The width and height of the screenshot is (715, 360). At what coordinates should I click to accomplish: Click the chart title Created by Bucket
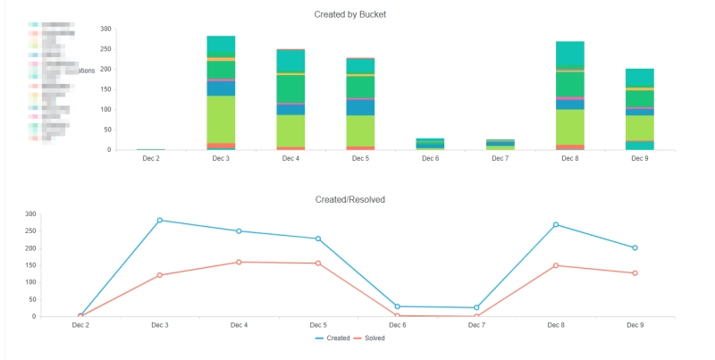pos(349,14)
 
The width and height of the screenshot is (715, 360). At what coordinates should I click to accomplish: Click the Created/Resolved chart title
pos(349,199)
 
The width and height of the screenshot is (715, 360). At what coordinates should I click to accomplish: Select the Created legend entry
pos(332,339)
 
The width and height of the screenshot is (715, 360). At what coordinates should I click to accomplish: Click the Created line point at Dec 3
pos(160,220)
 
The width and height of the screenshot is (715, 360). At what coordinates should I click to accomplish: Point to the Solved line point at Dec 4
pos(239,262)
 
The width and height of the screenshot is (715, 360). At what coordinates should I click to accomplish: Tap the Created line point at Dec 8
pos(556,224)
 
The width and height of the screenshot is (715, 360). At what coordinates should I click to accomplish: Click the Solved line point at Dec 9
pos(635,272)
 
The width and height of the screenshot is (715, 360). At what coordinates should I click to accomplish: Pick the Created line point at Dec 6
pos(398,306)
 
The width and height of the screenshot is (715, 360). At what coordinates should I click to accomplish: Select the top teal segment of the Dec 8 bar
pos(570,54)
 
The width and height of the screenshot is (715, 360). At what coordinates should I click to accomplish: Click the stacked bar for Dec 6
pos(430,144)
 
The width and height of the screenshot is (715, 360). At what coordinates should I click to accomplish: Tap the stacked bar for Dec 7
pos(500,144)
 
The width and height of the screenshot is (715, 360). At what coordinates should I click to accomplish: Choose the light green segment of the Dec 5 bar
pos(360,130)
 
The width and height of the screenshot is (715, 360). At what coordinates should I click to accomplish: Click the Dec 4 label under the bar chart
pos(290,158)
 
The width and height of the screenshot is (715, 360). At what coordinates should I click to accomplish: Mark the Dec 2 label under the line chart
pos(80,325)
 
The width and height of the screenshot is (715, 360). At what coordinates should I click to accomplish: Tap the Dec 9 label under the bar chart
pos(639,158)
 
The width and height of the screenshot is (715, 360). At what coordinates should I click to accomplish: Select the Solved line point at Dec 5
pos(318,264)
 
